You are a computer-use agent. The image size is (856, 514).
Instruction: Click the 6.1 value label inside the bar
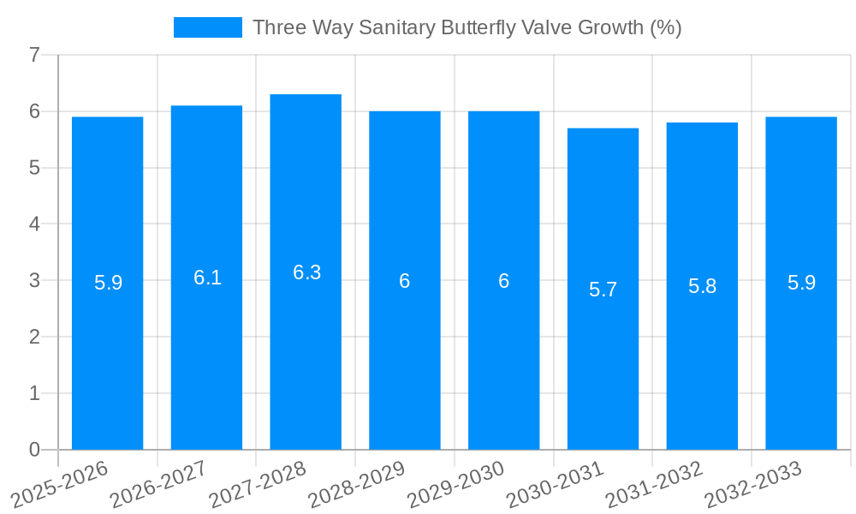tap(207, 278)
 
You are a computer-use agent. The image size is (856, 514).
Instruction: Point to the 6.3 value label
tap(306, 272)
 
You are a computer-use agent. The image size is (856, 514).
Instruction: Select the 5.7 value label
tap(603, 290)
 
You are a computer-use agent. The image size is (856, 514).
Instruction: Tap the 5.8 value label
tap(702, 286)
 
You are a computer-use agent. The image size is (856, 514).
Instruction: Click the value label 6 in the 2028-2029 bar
tap(405, 281)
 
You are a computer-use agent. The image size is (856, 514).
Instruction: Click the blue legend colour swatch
tap(207, 27)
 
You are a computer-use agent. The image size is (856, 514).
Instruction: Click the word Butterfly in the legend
tap(476, 27)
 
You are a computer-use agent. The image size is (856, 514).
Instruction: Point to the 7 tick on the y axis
tap(34, 56)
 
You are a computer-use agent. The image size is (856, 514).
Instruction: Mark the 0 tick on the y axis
tap(34, 450)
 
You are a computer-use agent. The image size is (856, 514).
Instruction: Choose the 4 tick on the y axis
tap(34, 224)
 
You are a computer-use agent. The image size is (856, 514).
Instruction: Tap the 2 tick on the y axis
tap(34, 338)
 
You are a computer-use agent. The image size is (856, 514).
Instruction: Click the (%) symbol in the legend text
tap(665, 27)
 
